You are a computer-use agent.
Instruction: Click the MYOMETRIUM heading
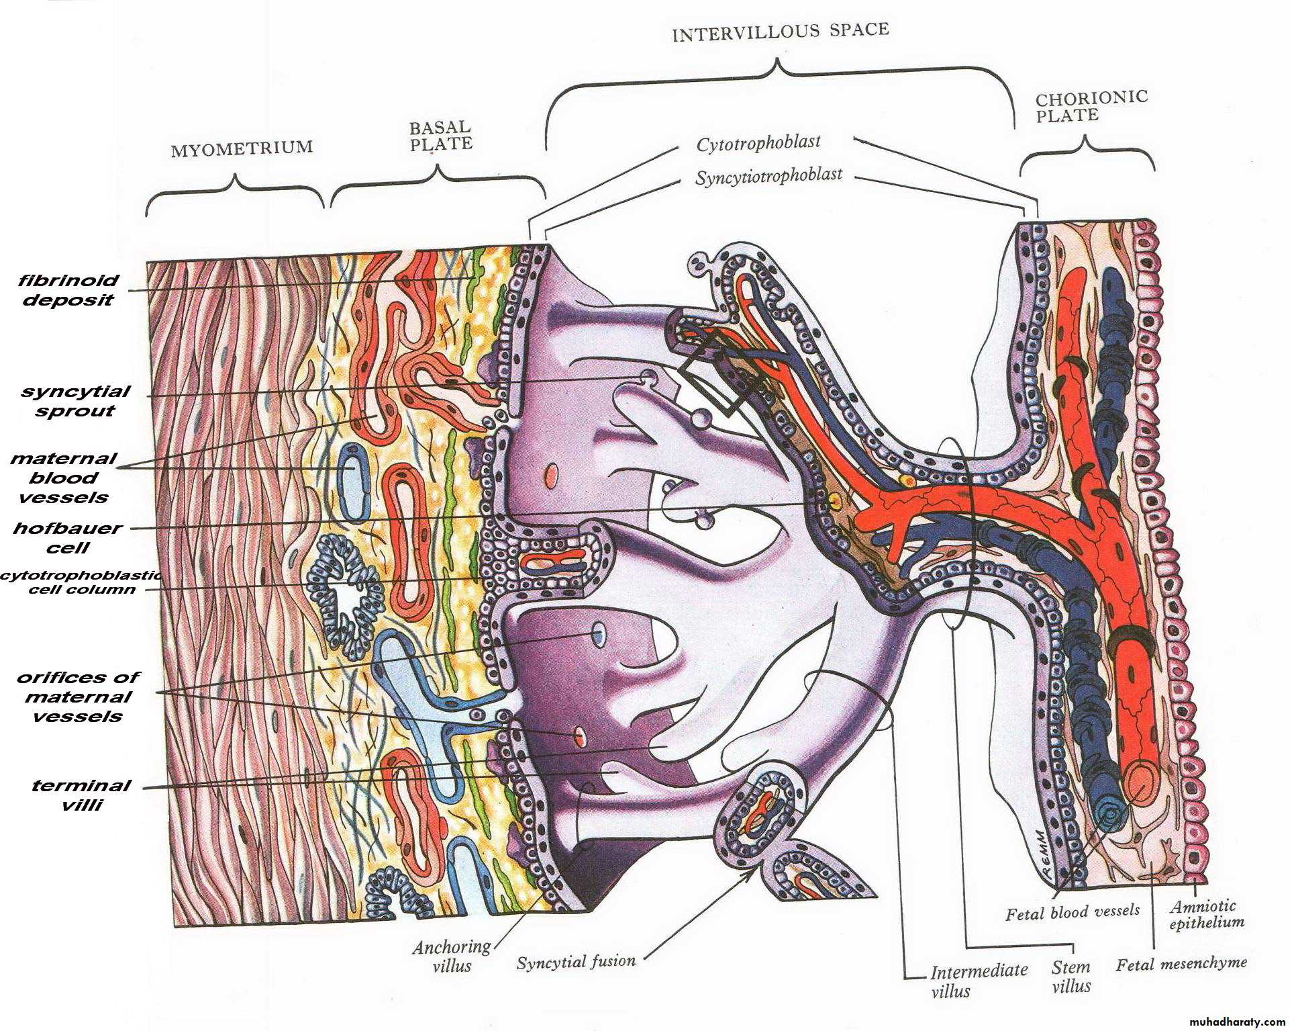click(x=242, y=148)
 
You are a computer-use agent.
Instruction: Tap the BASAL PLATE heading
click(x=441, y=136)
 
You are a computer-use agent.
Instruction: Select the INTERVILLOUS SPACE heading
click(x=781, y=32)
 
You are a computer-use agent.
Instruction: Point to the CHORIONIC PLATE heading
click(x=1091, y=107)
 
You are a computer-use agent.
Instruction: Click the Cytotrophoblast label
click(x=758, y=143)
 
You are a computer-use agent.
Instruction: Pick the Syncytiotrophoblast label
click(x=768, y=177)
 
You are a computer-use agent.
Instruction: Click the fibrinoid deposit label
click(x=68, y=290)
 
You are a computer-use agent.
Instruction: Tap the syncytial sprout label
click(x=75, y=401)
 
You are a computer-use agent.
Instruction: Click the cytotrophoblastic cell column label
click(x=81, y=582)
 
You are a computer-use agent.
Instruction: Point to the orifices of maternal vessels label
click(x=78, y=697)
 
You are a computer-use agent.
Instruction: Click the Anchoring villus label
click(x=452, y=956)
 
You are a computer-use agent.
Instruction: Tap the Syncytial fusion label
click(x=576, y=962)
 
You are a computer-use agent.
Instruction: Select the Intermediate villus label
click(x=979, y=980)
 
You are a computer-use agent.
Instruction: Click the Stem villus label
click(x=1071, y=977)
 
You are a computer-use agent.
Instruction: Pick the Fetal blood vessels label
click(x=1073, y=911)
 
